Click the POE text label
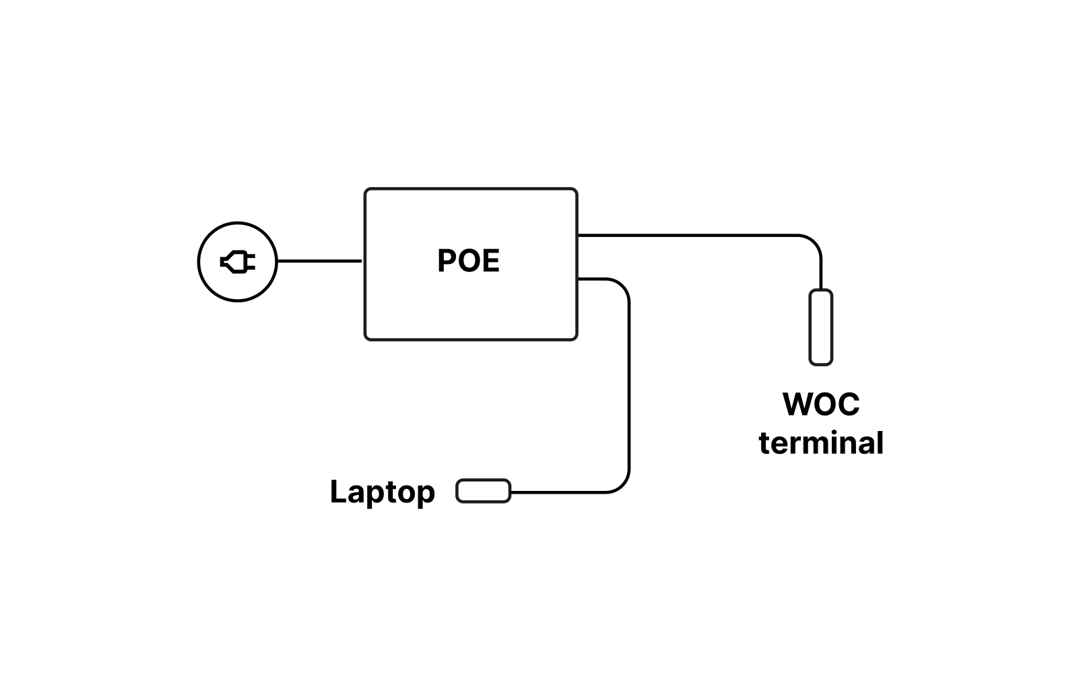(468, 261)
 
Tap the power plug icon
(238, 261)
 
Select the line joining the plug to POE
(320, 261)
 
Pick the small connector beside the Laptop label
(483, 491)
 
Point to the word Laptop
(382, 492)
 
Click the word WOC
(821, 404)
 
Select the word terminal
(821, 443)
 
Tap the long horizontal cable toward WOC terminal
(687, 235)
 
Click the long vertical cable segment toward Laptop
(628, 384)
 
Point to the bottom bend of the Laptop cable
(622, 486)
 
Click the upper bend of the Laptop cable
(622, 286)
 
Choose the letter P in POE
(447, 261)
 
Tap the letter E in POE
(491, 261)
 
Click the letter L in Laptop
(337, 492)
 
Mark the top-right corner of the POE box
(576, 190)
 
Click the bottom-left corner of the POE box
(366, 338)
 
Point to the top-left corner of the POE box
(366, 190)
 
